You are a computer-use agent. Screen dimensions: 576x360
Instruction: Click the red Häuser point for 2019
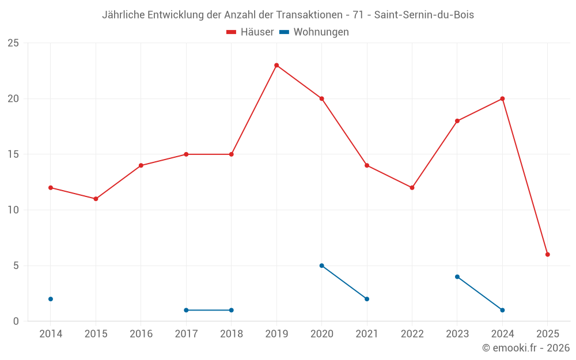(276, 65)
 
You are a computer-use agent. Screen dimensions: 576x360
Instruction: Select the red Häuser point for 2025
(548, 255)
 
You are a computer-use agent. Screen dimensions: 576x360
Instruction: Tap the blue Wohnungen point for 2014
(51, 299)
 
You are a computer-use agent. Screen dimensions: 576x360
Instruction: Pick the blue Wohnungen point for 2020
(321, 266)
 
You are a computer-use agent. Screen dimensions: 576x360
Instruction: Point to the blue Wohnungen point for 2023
(457, 277)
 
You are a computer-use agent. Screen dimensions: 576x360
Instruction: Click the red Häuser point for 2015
(96, 199)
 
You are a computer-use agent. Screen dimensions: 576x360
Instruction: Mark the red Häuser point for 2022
(412, 188)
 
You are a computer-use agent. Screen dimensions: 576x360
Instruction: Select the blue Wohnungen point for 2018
(232, 310)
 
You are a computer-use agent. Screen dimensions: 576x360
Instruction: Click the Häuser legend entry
(250, 32)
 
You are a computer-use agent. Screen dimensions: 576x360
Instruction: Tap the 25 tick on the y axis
(13, 43)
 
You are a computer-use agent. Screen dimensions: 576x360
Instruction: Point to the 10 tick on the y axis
(13, 210)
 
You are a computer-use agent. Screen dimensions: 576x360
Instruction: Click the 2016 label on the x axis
(141, 334)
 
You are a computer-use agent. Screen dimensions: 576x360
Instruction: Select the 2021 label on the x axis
(367, 334)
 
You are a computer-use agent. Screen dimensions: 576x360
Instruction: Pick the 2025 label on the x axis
(548, 334)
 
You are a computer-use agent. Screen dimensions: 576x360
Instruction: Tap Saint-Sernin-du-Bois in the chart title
(424, 15)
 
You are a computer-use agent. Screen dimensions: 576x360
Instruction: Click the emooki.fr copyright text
(526, 348)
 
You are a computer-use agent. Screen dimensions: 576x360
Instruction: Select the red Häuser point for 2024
(502, 98)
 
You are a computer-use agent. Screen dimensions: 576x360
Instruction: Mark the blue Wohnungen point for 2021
(367, 299)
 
